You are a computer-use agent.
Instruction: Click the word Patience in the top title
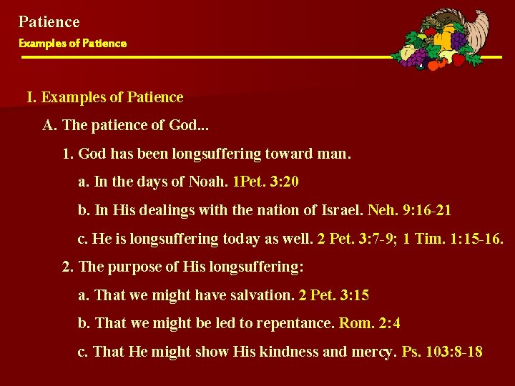49,22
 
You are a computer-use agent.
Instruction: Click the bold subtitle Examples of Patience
72,44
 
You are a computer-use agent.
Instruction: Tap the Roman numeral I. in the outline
32,97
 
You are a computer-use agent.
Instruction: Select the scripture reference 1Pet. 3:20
266,182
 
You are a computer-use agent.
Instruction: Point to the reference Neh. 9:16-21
409,211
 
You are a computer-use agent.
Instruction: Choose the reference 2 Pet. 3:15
334,295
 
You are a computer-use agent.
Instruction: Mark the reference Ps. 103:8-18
442,352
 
